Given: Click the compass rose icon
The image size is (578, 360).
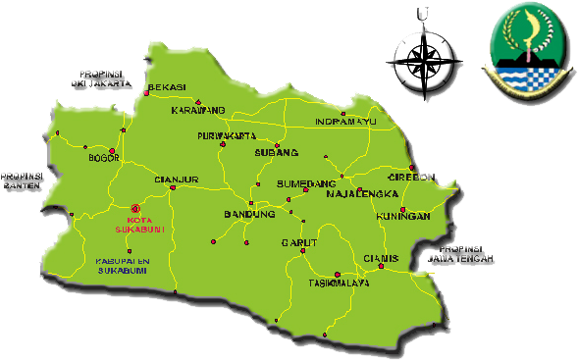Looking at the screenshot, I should pos(425,57).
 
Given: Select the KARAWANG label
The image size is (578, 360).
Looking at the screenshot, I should pos(198,110).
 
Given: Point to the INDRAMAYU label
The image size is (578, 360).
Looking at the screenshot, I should pos(345,122).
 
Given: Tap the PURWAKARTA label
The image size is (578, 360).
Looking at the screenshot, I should pos(227,135).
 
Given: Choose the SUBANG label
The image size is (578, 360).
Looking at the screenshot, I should pos(275,153).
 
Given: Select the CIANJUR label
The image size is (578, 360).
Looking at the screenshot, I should pos(177,180).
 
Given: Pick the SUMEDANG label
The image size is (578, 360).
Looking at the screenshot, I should pos(307,183).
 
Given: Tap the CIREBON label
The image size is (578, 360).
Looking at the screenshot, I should pos(411,178).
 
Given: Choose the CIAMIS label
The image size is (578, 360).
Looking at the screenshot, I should pos(380,258).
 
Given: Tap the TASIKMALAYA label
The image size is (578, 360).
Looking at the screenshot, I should pos(339,283).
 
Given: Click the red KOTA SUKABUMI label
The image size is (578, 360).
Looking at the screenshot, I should pos(139,225).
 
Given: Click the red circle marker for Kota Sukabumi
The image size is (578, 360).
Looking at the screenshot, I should pos(135,208).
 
